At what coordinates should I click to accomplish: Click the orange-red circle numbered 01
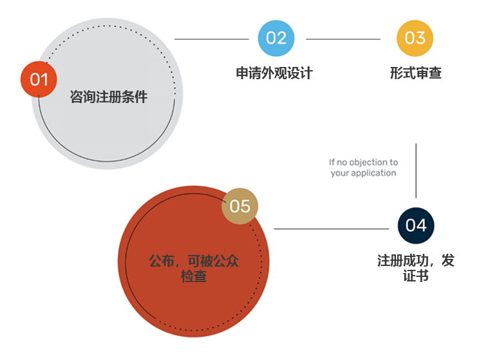click(39, 79)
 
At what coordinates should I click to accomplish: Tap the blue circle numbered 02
click(276, 38)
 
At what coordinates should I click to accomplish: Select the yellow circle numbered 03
click(415, 38)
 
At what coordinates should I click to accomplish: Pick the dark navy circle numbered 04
click(416, 225)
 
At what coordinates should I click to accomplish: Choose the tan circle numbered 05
click(240, 206)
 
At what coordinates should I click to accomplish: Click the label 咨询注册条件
click(109, 97)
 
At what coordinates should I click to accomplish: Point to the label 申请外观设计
click(274, 73)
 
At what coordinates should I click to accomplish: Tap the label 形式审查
click(415, 73)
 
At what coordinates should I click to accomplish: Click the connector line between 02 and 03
click(343, 39)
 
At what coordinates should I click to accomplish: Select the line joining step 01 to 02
click(212, 39)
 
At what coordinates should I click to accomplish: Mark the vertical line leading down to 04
click(416, 171)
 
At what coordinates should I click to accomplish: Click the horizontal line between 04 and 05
click(332, 229)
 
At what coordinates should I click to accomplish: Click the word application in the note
click(373, 173)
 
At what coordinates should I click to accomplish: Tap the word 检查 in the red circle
click(194, 276)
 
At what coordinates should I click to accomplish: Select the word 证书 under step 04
click(415, 276)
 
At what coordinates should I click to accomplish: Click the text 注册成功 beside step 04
click(403, 261)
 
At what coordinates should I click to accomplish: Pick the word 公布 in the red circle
click(162, 261)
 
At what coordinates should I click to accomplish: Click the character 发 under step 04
click(448, 261)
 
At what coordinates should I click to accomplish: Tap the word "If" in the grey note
click(332, 162)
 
